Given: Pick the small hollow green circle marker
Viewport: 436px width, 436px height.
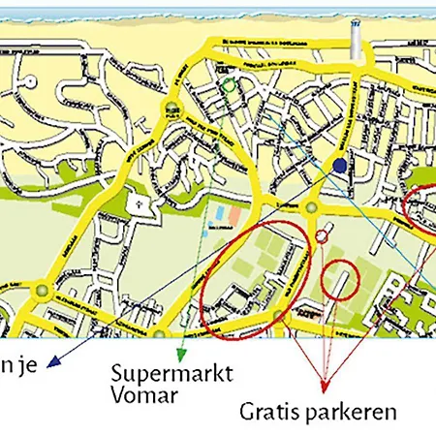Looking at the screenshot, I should tap(229, 86).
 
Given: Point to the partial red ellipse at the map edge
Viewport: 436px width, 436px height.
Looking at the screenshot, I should tap(419, 208).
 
